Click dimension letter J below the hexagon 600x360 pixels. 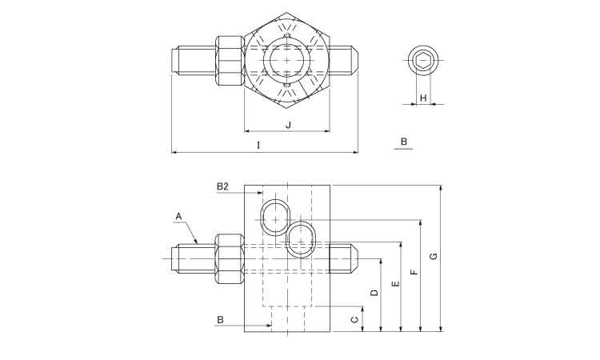(289, 125)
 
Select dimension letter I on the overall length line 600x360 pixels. (258, 145)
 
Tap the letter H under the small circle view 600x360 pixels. (423, 98)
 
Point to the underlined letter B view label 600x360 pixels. (404, 142)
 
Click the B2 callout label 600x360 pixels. (222, 186)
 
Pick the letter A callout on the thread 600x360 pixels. (178, 217)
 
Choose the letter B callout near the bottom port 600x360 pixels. (220, 319)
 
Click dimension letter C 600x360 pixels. (354, 319)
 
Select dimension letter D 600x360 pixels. (374, 293)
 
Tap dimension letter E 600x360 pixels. (396, 283)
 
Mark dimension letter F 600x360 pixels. (414, 272)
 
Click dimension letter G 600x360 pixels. (433, 256)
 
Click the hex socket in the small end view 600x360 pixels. (423, 61)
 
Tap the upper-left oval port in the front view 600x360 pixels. (275, 218)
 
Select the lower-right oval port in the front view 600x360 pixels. (302, 240)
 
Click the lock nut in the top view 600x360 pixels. (230, 61)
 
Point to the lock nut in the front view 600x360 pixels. (230, 259)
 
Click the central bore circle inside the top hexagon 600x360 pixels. (287, 60)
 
